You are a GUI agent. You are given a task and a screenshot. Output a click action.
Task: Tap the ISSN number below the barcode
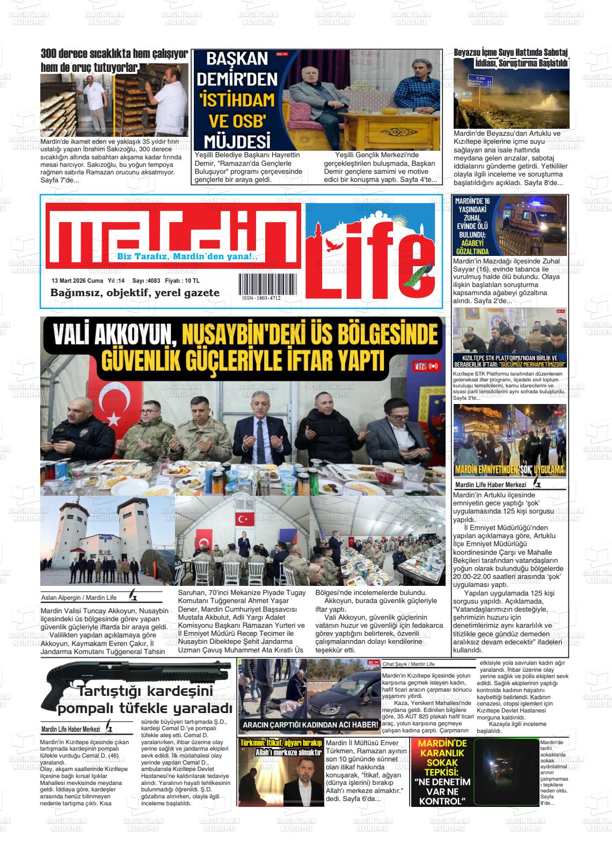tap(261, 298)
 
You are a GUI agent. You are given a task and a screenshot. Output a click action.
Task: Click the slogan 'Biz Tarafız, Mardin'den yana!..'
tap(187, 257)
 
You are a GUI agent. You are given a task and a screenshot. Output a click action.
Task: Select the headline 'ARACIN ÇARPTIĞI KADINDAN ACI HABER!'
tap(310, 725)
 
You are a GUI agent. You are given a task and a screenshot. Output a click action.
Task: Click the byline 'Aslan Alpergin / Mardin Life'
tap(79, 598)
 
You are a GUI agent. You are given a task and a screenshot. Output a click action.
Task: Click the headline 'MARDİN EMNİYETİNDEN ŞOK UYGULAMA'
tap(509, 471)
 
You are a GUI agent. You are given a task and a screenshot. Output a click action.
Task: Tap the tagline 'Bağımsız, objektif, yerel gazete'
tap(135, 293)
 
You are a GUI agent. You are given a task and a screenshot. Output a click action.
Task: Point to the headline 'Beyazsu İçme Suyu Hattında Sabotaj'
tap(511, 52)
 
